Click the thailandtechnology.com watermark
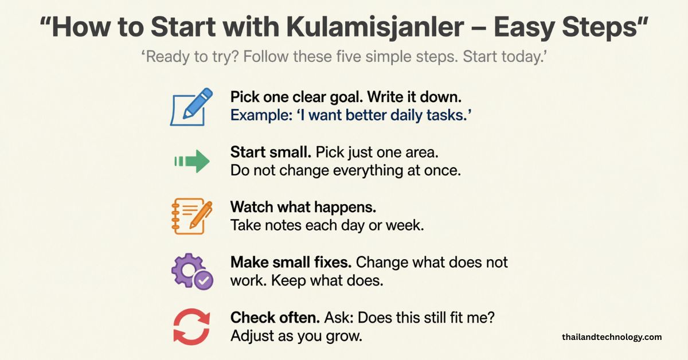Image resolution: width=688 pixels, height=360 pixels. [x=612, y=337]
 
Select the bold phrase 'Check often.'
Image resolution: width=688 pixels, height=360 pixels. [x=275, y=317]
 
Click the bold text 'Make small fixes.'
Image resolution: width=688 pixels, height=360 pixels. [x=291, y=263]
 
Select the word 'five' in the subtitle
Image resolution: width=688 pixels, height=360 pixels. [x=347, y=58]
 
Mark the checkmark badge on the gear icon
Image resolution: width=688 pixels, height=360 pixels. [x=203, y=280]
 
